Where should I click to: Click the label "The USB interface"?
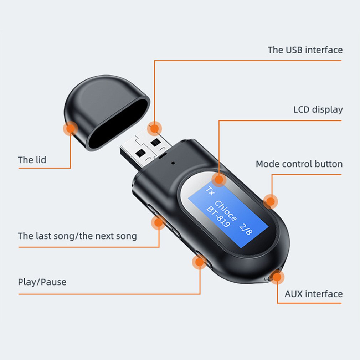coord(305,50)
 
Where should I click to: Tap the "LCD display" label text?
coord(318,109)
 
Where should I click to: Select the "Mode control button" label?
coord(299,164)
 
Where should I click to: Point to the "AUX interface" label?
coord(313,294)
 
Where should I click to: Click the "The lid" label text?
coord(32,160)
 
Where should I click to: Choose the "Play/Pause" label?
coord(42,282)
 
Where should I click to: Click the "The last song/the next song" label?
coord(77,236)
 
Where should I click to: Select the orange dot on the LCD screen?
coord(219,180)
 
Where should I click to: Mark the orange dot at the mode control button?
coord(271,202)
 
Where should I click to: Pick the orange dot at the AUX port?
coord(277,276)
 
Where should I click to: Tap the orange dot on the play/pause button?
coord(199,263)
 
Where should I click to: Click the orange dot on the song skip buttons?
coord(158,223)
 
